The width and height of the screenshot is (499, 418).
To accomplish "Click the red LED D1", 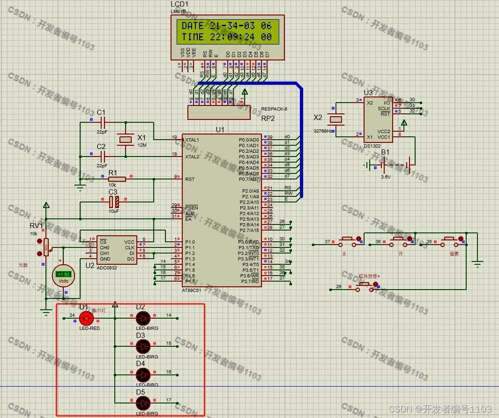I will point(85,319).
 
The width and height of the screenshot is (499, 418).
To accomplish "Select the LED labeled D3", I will point(142,346).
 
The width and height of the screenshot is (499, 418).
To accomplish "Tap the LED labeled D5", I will point(142,403).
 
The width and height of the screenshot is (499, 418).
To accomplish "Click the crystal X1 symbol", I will point(126,139).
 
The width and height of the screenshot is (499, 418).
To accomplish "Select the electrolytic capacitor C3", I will point(113,202).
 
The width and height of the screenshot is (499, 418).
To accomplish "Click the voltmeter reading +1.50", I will point(63,274).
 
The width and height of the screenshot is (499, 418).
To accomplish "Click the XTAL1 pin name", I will point(192,140).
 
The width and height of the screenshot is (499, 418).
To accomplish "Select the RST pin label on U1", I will point(190,179).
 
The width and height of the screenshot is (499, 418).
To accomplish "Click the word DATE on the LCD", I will point(193,26).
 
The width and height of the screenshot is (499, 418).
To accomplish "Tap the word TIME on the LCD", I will point(193,37).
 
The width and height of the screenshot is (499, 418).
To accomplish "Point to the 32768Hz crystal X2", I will point(335,120).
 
